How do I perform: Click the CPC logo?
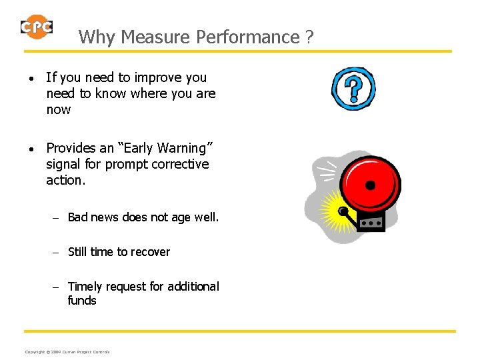pos(37,26)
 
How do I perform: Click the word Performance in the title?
pos(248,37)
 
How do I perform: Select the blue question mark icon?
pos(353,88)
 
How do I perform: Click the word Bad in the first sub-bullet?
pos(78,217)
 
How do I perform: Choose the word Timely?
pos(85,287)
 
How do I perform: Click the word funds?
pos(82,301)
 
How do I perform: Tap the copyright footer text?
pos(67,351)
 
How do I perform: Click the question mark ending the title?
pos(309,37)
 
